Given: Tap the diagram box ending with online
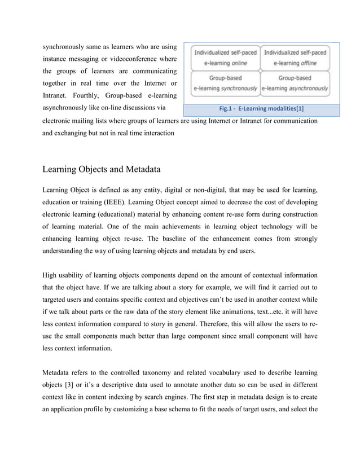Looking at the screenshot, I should click(226, 58).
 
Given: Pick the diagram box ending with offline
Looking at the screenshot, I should click(295, 58).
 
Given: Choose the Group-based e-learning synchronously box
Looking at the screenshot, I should click(226, 83).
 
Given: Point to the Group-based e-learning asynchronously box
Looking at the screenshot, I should click(295, 83).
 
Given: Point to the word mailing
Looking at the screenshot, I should click(85, 120).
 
